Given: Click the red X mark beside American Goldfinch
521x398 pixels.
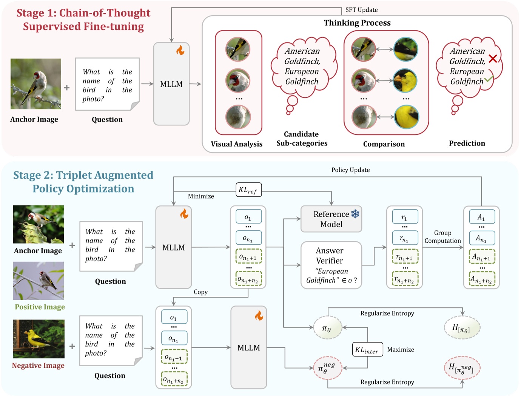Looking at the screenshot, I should point(493,59).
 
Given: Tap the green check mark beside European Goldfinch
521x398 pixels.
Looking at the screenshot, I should point(489,79).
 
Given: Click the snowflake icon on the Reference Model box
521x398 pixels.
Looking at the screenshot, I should point(355,214).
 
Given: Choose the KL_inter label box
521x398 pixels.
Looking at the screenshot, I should point(367,350).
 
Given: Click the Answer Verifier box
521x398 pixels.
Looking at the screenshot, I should point(331,265).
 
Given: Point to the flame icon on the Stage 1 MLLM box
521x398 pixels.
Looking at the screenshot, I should point(180,50).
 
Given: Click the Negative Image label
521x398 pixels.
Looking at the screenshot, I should point(38,366).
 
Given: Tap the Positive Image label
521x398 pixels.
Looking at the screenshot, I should point(40,307).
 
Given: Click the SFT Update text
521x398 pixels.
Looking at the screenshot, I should point(361,10).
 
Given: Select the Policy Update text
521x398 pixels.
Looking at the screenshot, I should point(350,170).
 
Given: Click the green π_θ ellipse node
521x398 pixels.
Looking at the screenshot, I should point(327,328).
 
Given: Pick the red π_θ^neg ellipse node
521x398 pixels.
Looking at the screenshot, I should point(327,368).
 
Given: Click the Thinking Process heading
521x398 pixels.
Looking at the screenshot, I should point(357,23).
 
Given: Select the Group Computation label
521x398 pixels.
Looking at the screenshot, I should point(442,237).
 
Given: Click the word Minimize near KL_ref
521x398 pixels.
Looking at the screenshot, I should point(201,196).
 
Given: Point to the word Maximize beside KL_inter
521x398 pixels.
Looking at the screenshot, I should point(401,350).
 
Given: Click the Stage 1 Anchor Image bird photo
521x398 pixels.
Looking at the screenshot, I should point(36,84).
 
